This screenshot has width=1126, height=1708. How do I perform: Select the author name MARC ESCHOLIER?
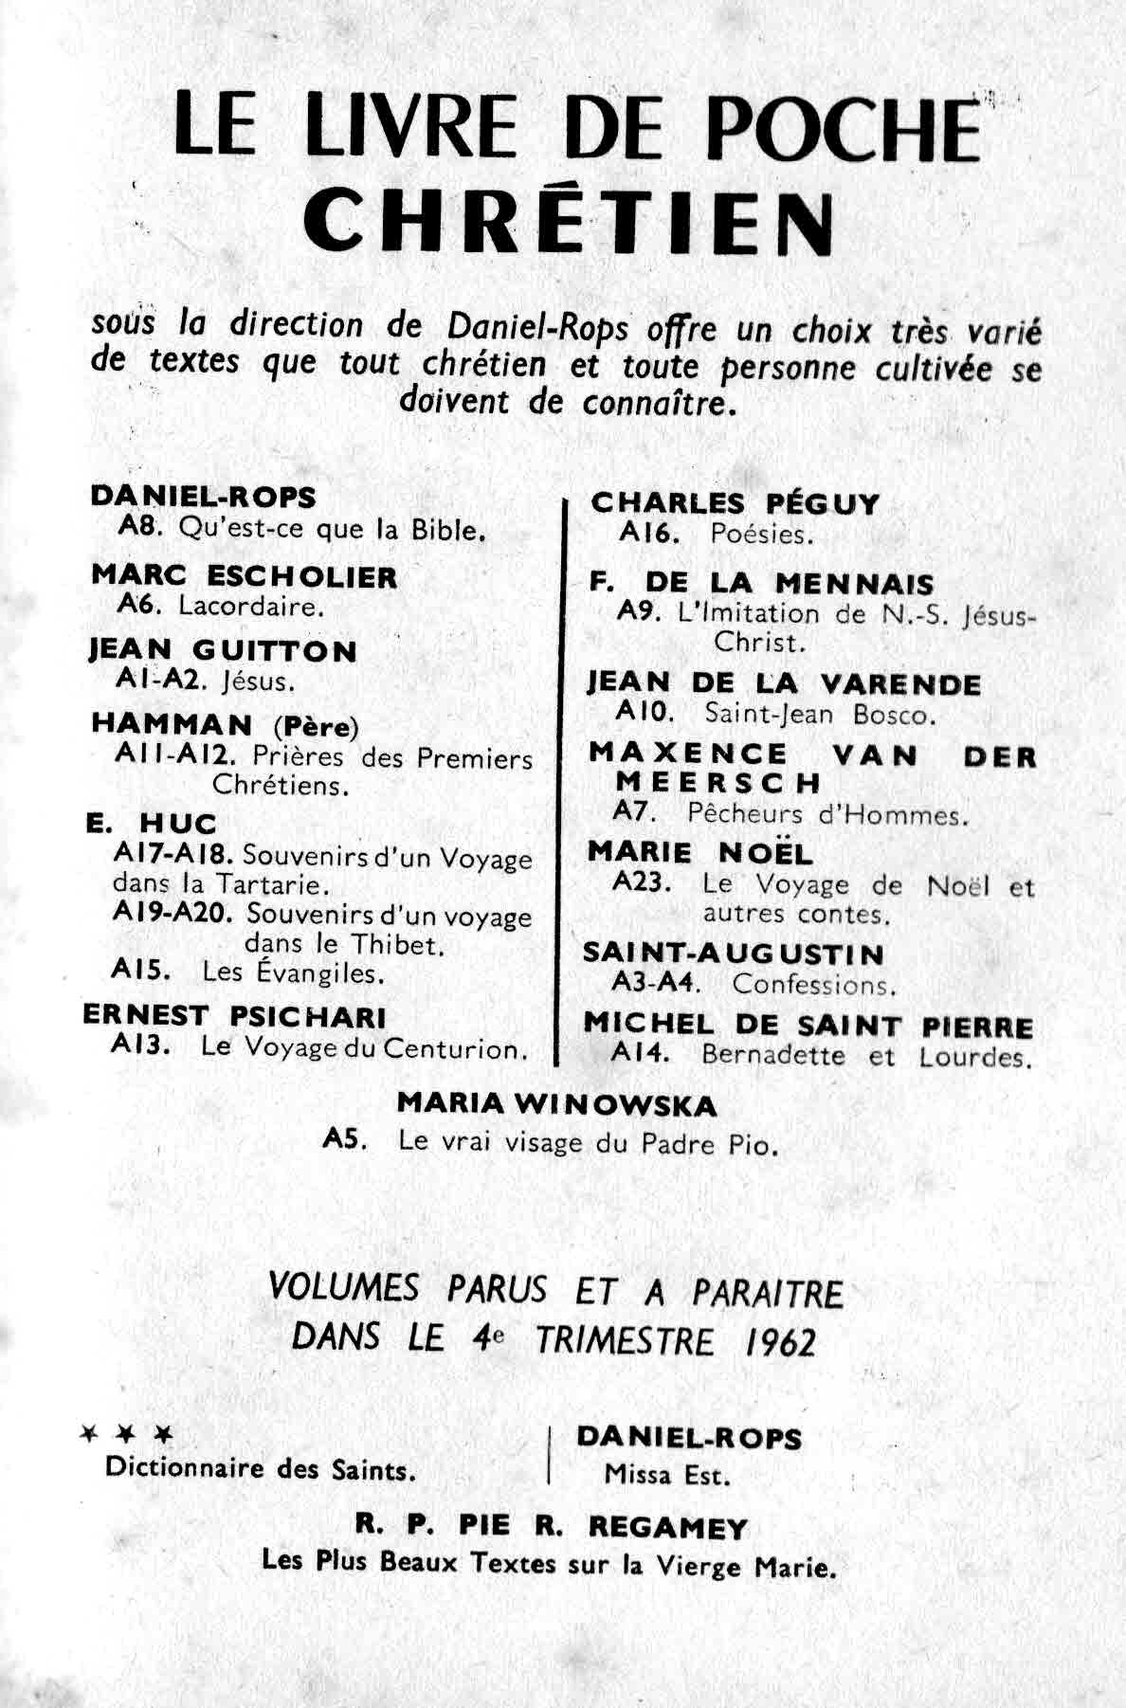[245, 576]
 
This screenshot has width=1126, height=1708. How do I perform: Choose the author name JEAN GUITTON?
[224, 650]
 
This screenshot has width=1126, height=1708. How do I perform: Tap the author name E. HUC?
[152, 823]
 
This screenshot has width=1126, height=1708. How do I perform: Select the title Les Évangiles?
[294, 972]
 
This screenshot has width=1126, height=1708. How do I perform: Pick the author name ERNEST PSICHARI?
[235, 1016]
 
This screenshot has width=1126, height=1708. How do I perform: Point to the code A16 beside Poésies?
[649, 534]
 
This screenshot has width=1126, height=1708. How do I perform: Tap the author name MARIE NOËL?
[699, 852]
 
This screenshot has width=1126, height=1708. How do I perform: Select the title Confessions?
[814, 985]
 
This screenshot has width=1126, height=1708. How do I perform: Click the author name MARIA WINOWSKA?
[556, 1104]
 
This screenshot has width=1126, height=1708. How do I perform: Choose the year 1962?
[780, 1341]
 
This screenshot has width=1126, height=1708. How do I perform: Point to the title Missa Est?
[667, 1475]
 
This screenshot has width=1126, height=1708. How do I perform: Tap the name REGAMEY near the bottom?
[668, 1527]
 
